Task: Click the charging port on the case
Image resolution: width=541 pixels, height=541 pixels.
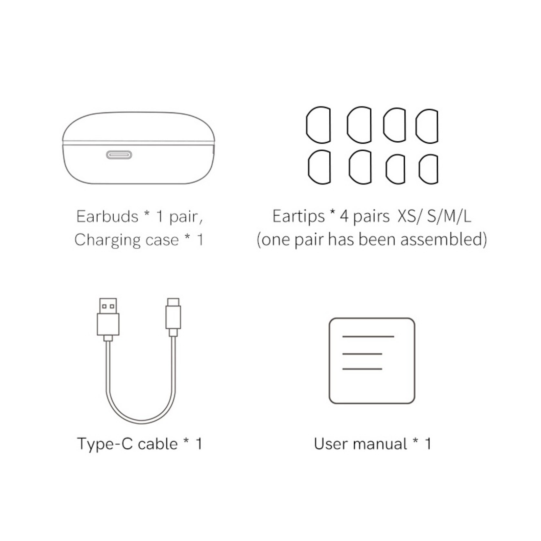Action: tap(119, 155)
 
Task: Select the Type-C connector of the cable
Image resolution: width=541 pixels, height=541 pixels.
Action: tap(173, 317)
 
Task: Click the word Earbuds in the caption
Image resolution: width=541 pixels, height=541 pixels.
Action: tap(108, 216)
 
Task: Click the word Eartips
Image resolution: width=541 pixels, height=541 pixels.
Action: tap(298, 217)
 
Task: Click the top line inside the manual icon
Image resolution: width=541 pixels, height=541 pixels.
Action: tap(368, 336)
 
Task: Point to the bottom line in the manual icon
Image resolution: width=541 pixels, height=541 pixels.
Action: tap(362, 369)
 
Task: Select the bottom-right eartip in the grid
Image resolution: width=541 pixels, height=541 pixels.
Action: tap(428, 169)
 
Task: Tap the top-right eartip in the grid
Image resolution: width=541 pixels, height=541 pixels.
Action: tap(427, 126)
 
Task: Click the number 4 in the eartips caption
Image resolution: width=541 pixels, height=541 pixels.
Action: tap(344, 217)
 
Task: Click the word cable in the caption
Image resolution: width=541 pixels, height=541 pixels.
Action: tap(158, 444)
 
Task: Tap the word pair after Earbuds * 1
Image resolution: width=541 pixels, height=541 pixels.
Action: tap(186, 217)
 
